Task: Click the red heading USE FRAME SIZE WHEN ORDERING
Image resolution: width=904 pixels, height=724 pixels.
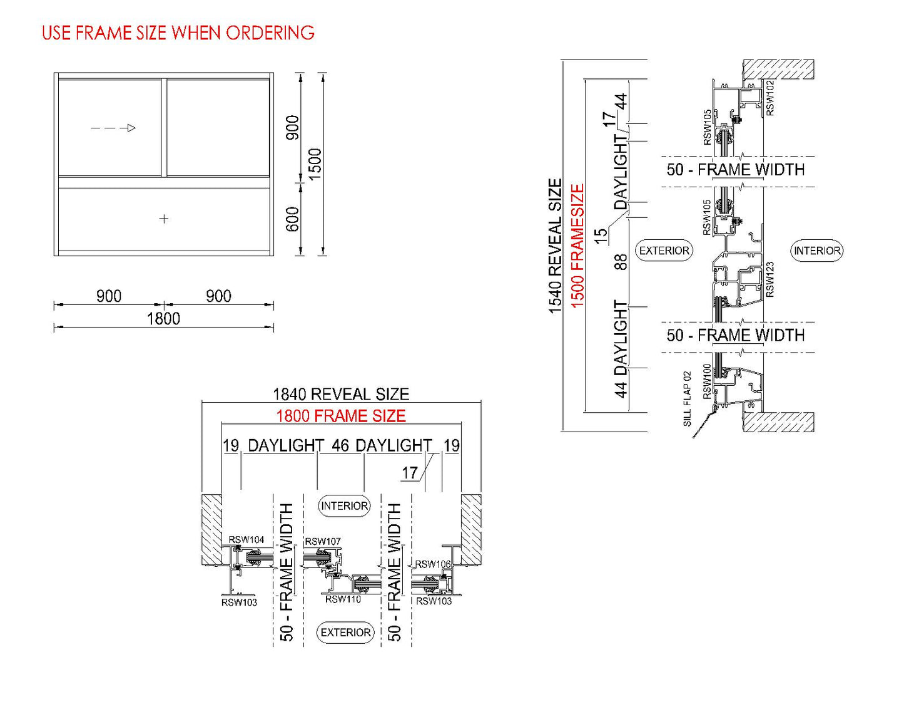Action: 178,33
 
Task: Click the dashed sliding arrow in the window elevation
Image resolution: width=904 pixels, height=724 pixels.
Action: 113,128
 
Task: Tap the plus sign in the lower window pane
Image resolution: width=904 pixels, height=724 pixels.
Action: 164,219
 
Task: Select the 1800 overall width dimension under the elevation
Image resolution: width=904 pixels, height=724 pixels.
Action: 163,319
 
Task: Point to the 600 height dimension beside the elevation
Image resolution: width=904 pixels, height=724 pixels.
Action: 292,219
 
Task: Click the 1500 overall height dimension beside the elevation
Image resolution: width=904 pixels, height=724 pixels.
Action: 315,163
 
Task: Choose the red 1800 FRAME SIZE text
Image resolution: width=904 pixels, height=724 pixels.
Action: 341,416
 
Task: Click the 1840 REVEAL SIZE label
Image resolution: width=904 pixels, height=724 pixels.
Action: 341,394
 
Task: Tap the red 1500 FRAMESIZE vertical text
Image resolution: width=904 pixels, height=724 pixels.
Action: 577,246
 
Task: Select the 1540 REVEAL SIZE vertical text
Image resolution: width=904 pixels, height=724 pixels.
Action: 556,246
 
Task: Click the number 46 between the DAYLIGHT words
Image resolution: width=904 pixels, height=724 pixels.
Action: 340,445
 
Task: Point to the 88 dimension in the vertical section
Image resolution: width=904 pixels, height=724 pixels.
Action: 620,262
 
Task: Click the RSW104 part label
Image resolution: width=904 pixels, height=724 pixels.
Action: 246,539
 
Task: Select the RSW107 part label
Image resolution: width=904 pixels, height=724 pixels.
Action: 323,541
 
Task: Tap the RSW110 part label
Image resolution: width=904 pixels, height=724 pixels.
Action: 343,599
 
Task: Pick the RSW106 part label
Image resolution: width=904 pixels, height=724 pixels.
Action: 433,564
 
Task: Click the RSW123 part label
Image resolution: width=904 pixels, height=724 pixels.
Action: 769,279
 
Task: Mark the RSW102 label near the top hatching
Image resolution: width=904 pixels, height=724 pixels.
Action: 770,98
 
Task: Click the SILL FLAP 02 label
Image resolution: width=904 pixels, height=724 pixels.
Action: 687,398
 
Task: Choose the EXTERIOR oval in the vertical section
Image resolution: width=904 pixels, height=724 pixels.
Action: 664,251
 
